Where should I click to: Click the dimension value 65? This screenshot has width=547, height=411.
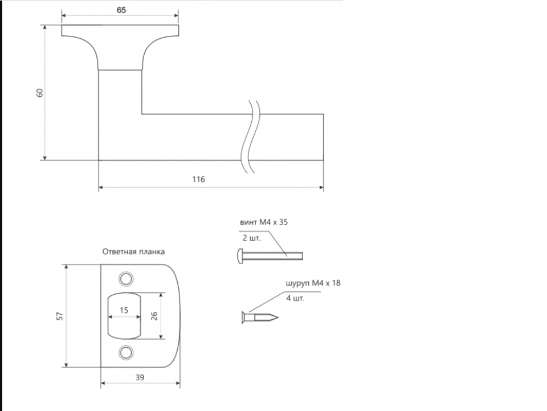pos(121,10)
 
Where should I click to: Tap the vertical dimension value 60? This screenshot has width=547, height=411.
pos(40,93)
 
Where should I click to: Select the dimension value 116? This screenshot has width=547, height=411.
pos(198,180)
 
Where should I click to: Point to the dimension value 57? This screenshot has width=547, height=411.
pos(60,316)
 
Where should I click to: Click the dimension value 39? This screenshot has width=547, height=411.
pos(140,377)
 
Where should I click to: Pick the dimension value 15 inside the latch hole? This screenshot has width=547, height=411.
pos(124,310)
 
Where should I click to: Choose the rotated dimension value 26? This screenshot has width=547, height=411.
pos(154,316)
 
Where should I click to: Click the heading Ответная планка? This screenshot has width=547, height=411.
pos(133,251)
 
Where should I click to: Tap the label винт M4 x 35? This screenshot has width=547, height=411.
pos(264,222)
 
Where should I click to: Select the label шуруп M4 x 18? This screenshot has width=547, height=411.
pos(313,283)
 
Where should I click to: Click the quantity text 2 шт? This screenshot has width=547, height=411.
pos(251,238)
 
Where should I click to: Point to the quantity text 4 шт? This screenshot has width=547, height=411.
pos(296,298)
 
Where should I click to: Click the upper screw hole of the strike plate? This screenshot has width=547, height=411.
pos(126,279)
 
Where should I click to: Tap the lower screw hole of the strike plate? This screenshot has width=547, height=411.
pos(126,352)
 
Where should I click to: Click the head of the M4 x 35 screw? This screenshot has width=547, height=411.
pos(240,256)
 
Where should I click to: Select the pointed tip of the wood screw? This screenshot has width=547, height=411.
pos(278,318)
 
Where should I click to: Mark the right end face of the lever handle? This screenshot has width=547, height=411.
pos(324,137)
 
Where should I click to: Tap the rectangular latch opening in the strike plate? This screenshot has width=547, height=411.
pos(124,316)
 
